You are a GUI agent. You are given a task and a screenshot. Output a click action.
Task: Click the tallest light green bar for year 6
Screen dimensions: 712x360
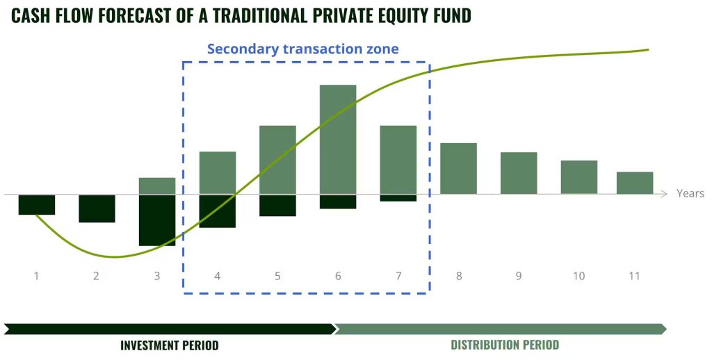point(338,140)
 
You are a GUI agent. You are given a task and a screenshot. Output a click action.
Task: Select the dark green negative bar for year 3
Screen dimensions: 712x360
point(157,220)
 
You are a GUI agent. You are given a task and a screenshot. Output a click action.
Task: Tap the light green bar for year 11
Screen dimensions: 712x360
point(635,183)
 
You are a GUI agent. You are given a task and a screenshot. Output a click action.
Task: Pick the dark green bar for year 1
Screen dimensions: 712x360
point(37,205)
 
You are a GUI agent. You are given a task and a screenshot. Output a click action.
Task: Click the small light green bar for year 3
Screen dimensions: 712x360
point(157,186)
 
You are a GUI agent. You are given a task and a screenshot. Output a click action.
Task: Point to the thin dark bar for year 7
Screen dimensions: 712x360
point(398,198)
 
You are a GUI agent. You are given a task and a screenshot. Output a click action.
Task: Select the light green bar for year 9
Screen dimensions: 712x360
point(519,174)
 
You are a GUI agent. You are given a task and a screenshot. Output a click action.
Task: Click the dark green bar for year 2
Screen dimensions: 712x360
point(97,208)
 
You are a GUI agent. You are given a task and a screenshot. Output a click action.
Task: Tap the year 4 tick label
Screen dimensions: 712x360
point(218,276)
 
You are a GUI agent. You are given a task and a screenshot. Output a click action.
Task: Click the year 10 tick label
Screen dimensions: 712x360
point(579,276)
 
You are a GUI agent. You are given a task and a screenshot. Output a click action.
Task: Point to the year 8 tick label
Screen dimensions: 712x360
point(459,276)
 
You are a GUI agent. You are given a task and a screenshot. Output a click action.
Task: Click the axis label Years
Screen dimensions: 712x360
point(690,193)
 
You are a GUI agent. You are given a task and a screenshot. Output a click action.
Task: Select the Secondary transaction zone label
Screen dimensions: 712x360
point(303,49)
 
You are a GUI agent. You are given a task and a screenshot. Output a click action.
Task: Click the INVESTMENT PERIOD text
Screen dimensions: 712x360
point(170,345)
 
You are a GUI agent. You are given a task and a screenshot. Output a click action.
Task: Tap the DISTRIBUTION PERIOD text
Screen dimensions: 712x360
point(505,345)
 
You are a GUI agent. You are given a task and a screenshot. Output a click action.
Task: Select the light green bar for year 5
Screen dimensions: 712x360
point(278,160)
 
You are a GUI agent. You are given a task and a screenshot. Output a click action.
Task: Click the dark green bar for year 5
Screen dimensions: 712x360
point(278,206)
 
